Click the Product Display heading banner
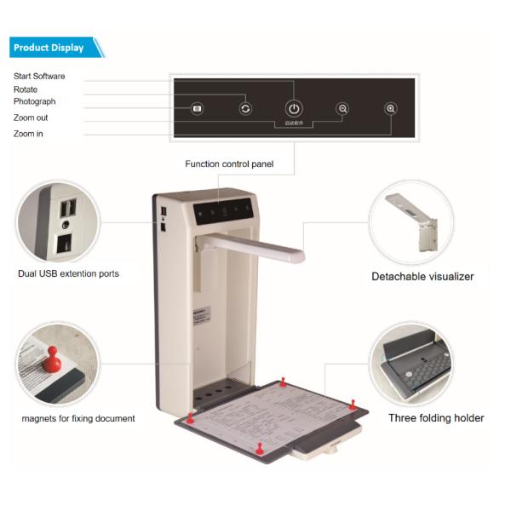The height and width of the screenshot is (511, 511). pos(53,48)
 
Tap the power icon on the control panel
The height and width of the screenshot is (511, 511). pos(293,108)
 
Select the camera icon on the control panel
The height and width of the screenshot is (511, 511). pos(197,108)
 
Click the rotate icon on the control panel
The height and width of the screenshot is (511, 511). pos(245,108)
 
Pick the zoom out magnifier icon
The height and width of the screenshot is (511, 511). pos(342,108)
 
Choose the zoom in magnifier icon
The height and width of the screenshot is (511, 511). pos(391,108)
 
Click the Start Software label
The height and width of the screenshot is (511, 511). pos(39,77)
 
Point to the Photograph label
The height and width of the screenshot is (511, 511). pos(35,101)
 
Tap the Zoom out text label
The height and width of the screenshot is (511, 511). pos(31,118)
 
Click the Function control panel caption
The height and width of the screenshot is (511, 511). pos(229,164)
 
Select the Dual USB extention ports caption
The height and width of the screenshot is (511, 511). pos(68,273)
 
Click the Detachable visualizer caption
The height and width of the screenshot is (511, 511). pos(422,276)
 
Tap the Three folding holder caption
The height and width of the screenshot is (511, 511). pos(436,418)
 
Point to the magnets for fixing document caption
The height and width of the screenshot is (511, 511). pos(78,418)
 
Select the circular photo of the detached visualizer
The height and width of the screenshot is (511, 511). pos(411,222)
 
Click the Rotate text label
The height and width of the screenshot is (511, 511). pos(26,89)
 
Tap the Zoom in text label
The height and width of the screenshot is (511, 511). pos(28,134)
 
